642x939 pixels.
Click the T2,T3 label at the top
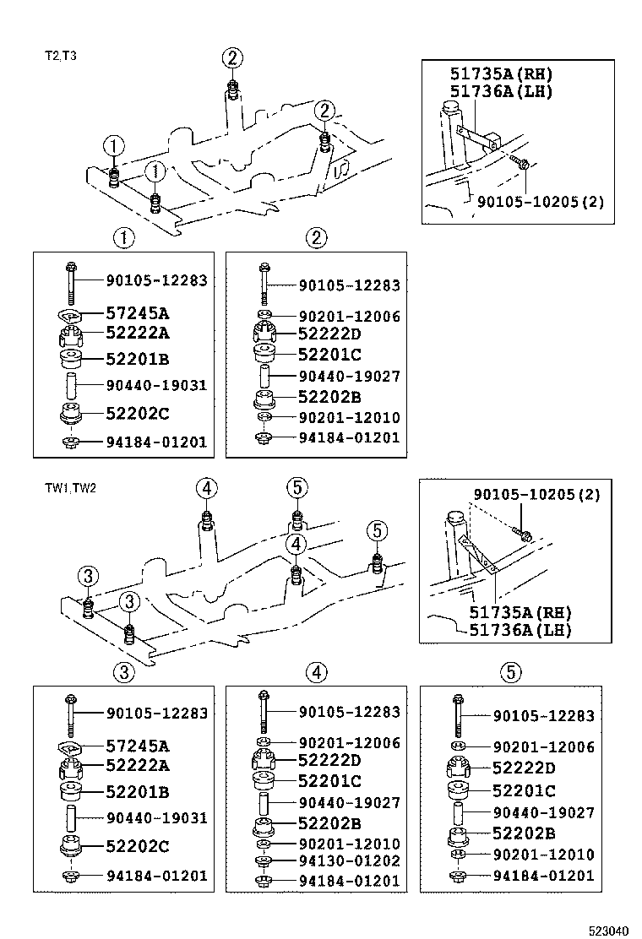61,57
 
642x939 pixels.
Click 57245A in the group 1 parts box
137,313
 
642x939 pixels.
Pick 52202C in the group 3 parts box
137,845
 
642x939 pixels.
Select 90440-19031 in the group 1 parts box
156,386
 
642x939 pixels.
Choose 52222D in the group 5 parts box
524,768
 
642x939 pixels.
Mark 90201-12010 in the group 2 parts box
349,418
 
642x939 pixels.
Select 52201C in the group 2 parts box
329,355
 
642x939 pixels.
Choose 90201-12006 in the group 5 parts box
544,747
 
